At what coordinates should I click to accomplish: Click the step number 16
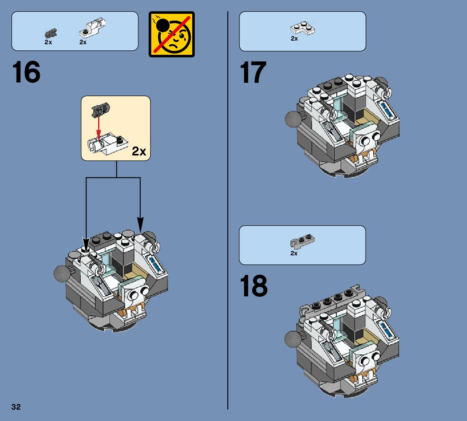(26, 72)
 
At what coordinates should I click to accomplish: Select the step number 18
(254, 286)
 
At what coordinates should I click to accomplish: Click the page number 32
(16, 407)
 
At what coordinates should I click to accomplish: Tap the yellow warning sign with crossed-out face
(172, 34)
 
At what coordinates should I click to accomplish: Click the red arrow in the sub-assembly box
(99, 129)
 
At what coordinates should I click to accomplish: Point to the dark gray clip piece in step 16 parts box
(51, 34)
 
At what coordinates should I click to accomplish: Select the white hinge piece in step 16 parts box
(93, 28)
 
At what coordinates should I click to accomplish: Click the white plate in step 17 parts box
(303, 28)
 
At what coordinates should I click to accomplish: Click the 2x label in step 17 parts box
(294, 39)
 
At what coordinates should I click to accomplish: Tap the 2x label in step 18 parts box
(294, 253)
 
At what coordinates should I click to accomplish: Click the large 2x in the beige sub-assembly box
(139, 151)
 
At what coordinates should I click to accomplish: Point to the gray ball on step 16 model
(61, 274)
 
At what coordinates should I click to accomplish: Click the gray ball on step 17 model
(293, 119)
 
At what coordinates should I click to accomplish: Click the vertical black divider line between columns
(228, 210)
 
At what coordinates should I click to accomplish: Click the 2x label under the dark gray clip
(48, 42)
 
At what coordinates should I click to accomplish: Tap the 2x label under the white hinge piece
(83, 42)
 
